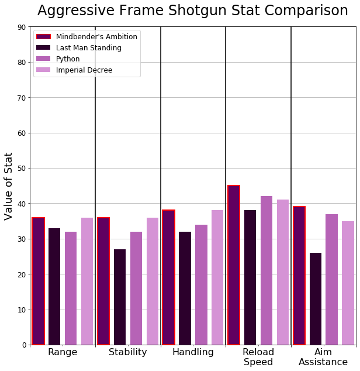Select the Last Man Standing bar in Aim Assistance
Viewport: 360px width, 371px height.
pyautogui.click(x=316, y=298)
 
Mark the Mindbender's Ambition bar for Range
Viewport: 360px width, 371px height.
pyautogui.click(x=38, y=281)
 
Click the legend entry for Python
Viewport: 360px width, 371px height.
pyautogui.click(x=68, y=59)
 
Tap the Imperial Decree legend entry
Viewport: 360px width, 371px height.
pyautogui.click(x=84, y=70)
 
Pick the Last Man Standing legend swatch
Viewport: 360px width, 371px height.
pyautogui.click(x=44, y=48)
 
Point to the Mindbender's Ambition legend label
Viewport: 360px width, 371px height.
pyautogui.click(x=96, y=37)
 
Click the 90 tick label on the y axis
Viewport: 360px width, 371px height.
pyautogui.click(x=21, y=27)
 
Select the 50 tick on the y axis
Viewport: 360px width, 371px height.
pyautogui.click(x=21, y=169)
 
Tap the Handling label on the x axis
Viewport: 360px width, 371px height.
pyautogui.click(x=193, y=352)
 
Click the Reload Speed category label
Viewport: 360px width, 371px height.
pyautogui.click(x=258, y=357)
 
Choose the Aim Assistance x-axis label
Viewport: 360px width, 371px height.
pyautogui.click(x=323, y=357)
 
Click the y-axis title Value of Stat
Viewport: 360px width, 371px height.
pyautogui.click(x=9, y=185)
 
